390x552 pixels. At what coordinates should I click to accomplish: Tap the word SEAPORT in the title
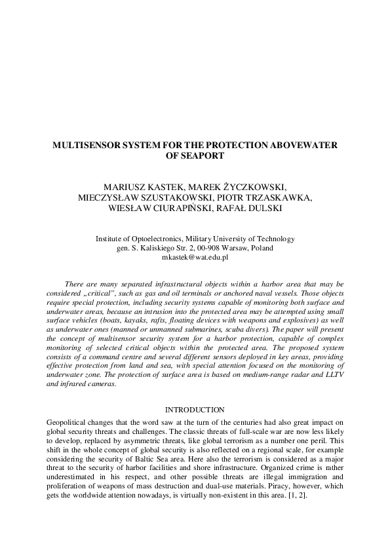tap(195, 157)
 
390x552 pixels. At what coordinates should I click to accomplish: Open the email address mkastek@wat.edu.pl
tap(195, 258)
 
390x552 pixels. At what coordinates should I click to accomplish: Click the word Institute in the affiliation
tap(111, 239)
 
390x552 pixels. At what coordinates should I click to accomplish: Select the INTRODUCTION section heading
tap(195, 410)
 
